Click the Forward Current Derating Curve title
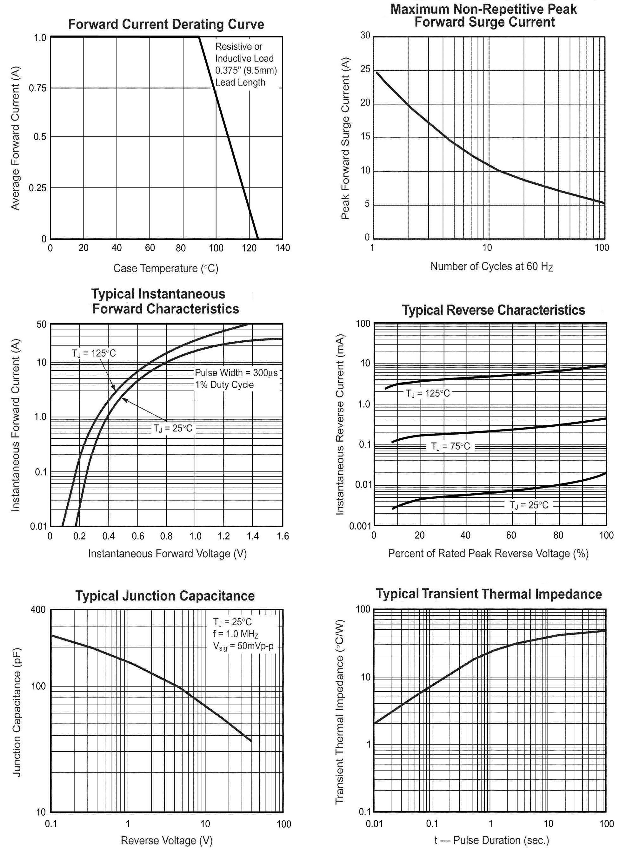(x=166, y=24)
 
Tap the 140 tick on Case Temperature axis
(x=283, y=248)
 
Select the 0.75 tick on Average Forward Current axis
(x=37, y=89)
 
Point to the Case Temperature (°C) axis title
(x=166, y=268)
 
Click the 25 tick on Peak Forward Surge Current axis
(x=365, y=69)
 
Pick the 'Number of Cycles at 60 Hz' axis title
(x=491, y=266)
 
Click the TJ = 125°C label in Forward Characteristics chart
(x=94, y=353)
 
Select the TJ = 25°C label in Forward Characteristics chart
(x=173, y=429)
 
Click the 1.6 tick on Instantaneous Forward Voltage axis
(x=283, y=536)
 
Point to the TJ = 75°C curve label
(x=450, y=447)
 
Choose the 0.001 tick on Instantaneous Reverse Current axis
(x=360, y=526)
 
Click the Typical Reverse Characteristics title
(x=493, y=310)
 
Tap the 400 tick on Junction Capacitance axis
(x=38, y=610)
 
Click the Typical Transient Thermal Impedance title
(x=489, y=594)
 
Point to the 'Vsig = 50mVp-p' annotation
(x=243, y=646)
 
